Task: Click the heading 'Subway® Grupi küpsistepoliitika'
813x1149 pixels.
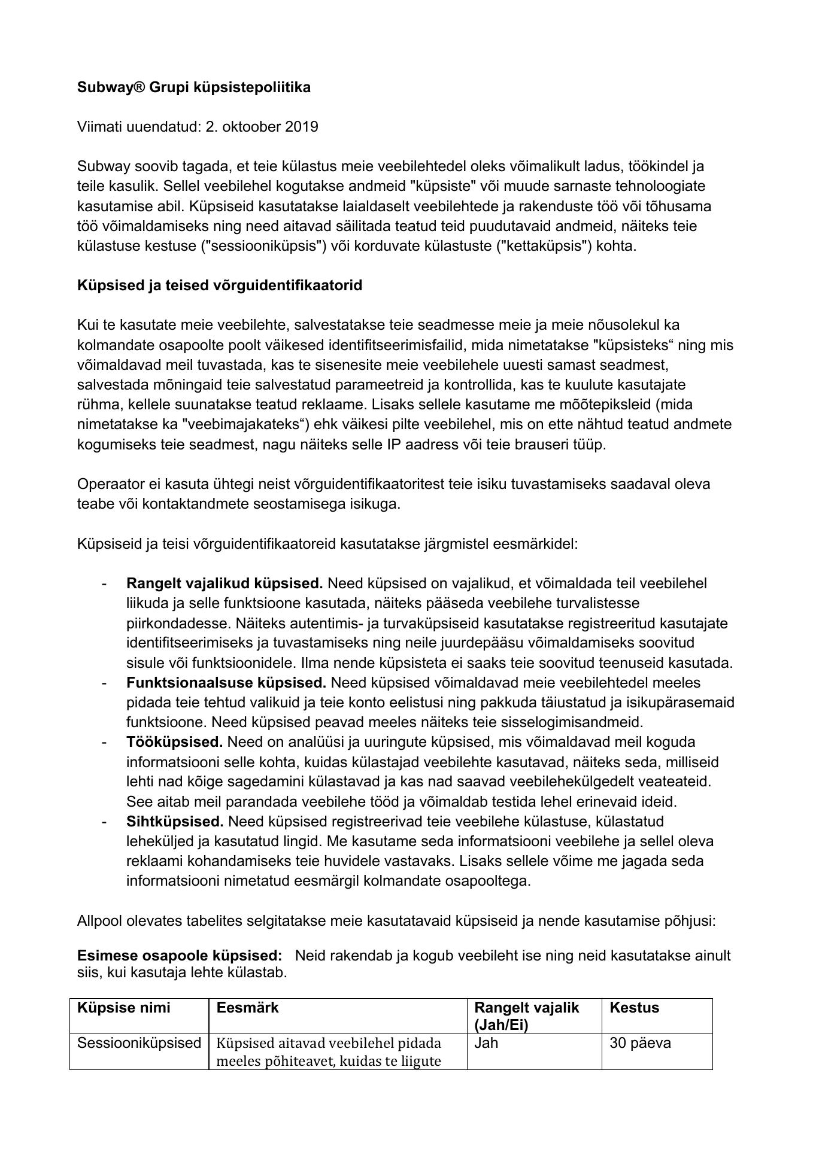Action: click(x=194, y=87)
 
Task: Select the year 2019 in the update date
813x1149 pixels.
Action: click(x=302, y=127)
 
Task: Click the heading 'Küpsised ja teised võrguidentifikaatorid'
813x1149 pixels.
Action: click(x=220, y=285)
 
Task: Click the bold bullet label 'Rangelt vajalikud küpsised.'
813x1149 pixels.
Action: click(x=225, y=583)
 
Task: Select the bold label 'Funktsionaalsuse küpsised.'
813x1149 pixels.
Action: click(x=226, y=682)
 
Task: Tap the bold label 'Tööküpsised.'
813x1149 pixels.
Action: click(x=174, y=742)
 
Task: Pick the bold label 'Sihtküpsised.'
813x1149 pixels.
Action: click(x=174, y=821)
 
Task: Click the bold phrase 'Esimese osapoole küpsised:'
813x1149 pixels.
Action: click(x=180, y=955)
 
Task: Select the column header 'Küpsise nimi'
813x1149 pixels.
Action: click(x=123, y=1008)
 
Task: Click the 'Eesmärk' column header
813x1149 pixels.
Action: click(x=247, y=1008)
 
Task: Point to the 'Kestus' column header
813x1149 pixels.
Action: click(x=634, y=1008)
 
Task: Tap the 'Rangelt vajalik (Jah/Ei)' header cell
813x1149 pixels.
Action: click(x=527, y=1016)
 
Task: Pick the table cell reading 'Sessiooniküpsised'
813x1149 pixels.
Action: click(x=139, y=1043)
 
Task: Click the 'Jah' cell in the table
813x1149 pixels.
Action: click(x=486, y=1043)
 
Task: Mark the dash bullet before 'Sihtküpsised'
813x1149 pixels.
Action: click(x=105, y=821)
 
